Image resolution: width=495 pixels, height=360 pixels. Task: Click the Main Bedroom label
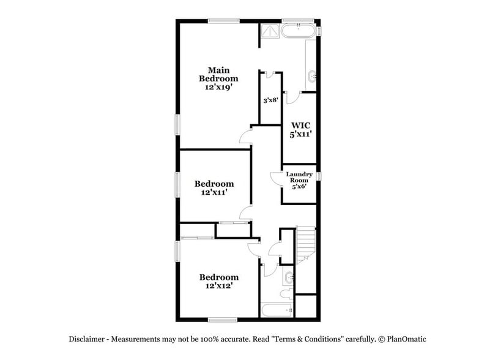point(218,74)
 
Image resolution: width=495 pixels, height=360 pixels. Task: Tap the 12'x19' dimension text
point(218,88)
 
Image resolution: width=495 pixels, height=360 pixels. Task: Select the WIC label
point(301,125)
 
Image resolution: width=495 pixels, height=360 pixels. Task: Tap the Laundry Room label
point(300,177)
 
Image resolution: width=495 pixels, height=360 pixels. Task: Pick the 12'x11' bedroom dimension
point(214,192)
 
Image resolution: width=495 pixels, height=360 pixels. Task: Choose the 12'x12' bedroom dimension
point(218,286)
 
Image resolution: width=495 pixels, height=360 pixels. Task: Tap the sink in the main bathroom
point(313,77)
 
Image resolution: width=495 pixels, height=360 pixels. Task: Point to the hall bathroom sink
point(289,279)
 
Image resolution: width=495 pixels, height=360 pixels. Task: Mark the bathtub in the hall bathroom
point(277,310)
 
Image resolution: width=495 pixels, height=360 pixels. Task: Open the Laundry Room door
point(275,178)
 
